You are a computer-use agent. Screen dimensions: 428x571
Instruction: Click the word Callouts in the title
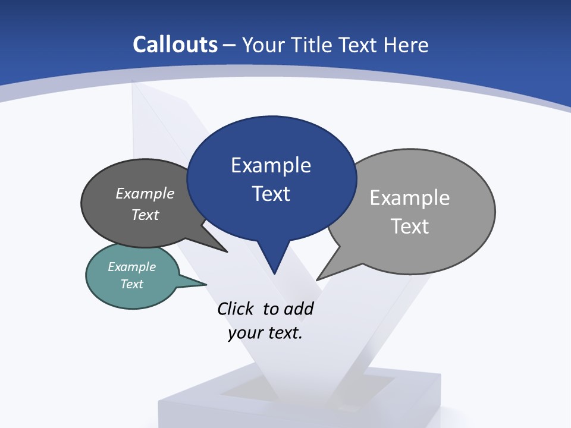175,45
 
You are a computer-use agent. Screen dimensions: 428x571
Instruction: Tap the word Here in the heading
406,45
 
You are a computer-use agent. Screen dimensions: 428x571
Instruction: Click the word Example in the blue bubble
271,165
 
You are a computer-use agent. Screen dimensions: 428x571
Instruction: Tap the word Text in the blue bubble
271,193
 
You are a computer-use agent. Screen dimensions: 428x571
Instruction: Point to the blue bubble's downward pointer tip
274,273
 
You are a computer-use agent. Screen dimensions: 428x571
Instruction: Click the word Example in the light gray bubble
410,197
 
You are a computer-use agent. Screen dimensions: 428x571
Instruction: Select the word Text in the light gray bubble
410,226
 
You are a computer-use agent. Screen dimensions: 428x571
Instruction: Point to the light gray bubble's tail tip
318,279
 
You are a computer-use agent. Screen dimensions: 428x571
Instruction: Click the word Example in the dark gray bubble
145,193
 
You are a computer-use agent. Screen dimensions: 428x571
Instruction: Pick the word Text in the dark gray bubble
145,215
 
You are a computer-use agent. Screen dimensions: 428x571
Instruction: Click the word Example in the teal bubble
132,267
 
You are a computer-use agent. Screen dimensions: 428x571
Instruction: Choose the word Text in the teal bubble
132,284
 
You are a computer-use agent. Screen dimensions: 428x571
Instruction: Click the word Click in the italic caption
237,309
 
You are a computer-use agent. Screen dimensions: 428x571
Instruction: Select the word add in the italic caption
299,309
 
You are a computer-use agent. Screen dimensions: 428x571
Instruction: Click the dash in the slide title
230,45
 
